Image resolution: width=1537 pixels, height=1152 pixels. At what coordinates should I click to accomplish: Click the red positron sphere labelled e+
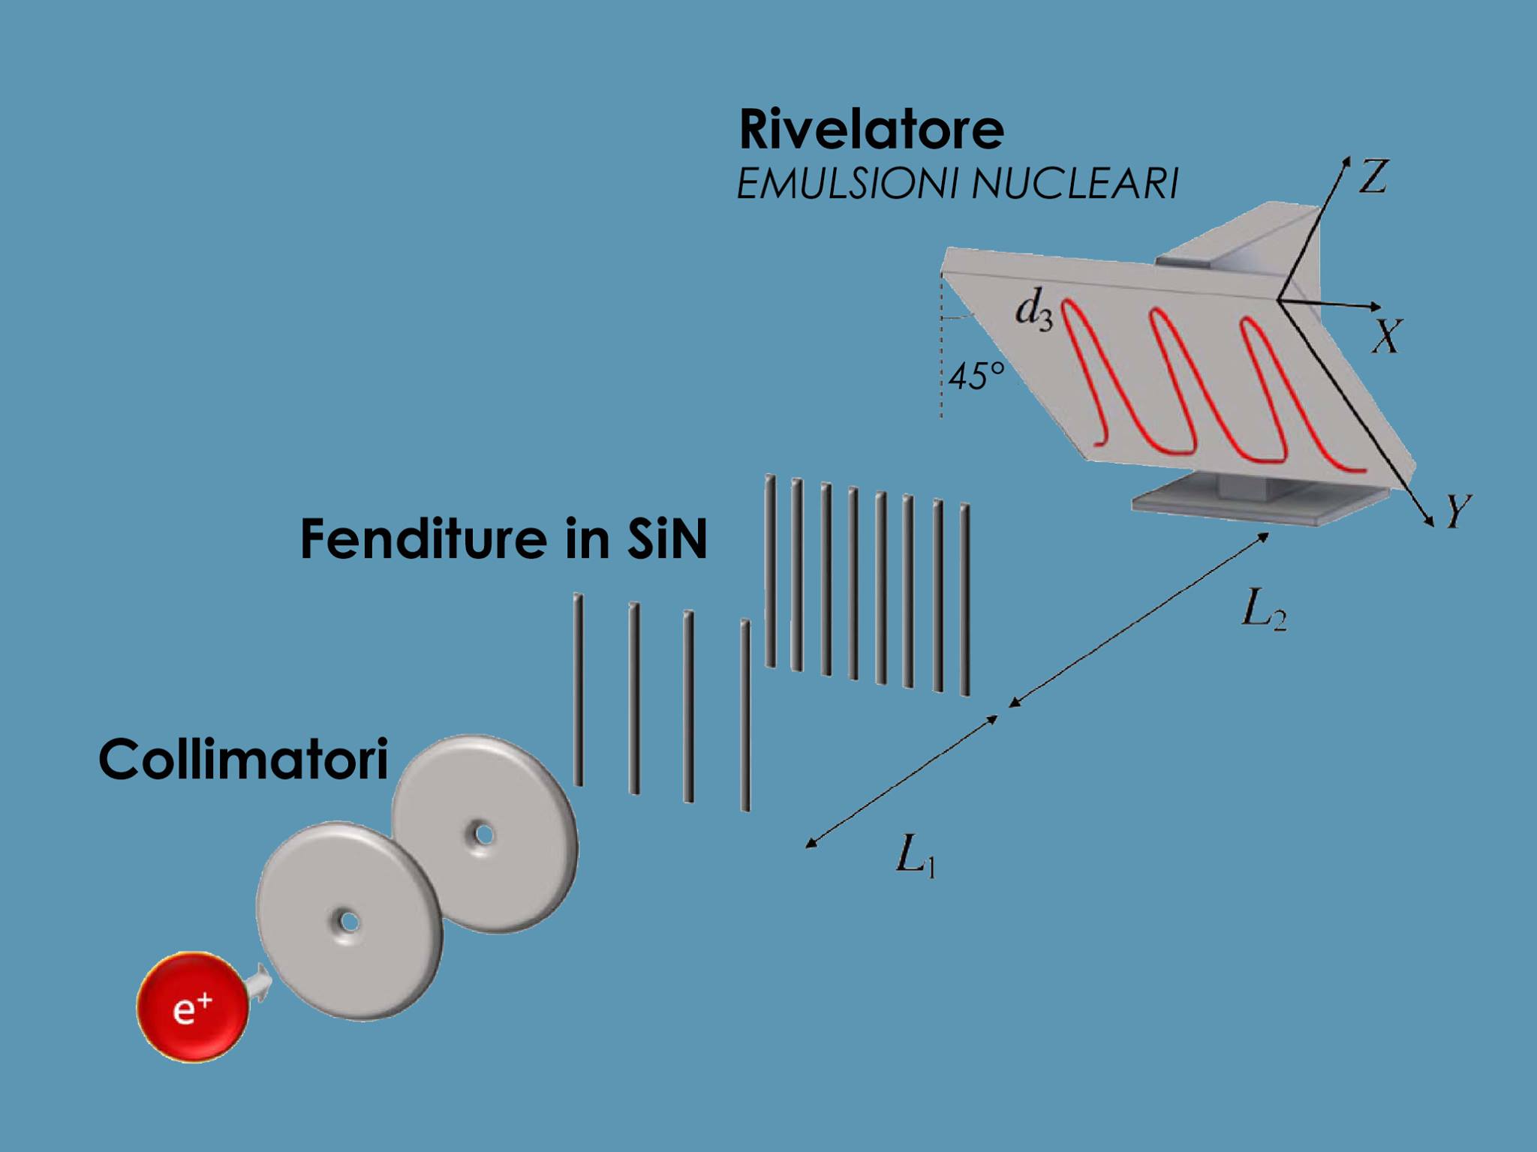[192, 1006]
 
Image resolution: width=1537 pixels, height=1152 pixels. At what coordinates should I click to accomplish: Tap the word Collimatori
[244, 759]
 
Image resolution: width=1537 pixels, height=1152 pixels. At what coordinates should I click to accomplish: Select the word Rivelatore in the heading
[871, 129]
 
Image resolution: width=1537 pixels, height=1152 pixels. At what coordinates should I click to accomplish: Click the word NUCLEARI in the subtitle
[1075, 184]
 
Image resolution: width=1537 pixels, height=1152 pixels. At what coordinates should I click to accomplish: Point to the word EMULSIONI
[846, 184]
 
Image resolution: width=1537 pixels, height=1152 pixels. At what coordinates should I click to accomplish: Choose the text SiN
[665, 538]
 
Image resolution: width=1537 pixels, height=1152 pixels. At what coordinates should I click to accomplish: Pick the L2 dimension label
[1264, 610]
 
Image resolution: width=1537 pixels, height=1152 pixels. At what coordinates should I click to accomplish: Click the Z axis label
[1373, 177]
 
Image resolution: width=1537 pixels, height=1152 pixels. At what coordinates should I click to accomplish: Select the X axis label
[1386, 335]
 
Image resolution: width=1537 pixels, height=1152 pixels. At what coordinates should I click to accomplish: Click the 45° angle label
[976, 375]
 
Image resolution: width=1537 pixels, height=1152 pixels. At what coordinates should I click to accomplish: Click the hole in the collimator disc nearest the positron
[347, 920]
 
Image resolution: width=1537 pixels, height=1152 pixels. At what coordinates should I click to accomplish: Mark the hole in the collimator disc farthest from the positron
[483, 834]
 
